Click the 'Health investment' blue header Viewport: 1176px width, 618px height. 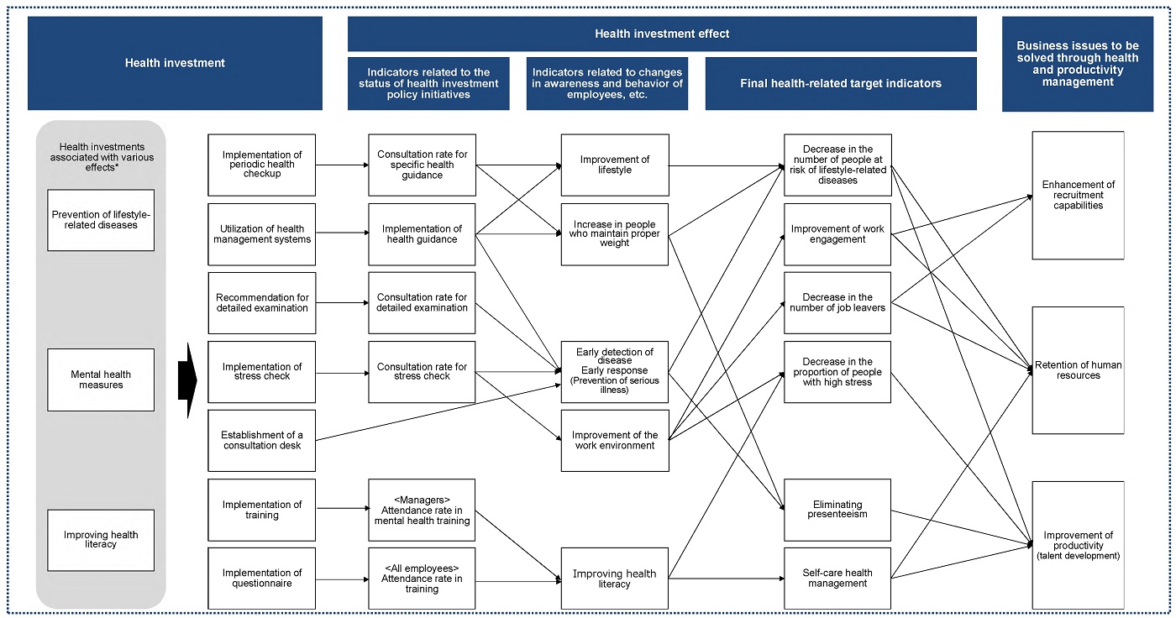pos(175,63)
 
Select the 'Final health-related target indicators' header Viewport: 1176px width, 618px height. pos(841,83)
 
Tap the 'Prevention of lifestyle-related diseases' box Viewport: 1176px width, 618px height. pos(101,220)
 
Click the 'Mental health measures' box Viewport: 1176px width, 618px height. pos(101,380)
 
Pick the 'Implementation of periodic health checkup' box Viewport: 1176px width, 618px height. pos(261,165)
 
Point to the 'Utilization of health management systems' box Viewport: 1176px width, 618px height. pos(261,234)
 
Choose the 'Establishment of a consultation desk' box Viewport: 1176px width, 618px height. pos(261,440)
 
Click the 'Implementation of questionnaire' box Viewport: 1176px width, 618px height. pos(261,579)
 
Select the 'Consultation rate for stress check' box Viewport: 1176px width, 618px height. pos(422,372)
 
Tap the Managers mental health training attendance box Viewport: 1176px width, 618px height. pos(422,510)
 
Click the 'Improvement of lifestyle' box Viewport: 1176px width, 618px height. pos(615,165)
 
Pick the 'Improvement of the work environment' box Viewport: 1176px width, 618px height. pos(615,440)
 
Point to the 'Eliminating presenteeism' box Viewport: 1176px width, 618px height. pos(837,510)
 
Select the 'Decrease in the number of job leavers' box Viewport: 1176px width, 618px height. pos(837,303)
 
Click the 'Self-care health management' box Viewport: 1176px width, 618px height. pos(837,579)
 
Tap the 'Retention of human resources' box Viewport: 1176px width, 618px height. pos(1078,370)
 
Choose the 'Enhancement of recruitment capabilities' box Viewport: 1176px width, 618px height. pos(1078,195)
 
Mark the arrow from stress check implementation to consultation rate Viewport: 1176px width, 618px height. pos(343,373)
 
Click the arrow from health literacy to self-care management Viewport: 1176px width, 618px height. pos(727,579)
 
